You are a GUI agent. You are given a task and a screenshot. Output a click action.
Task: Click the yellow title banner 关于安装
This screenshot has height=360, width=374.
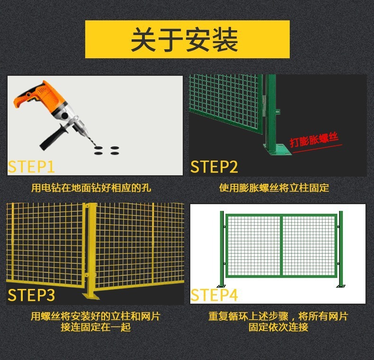pyautogui.click(x=187, y=39)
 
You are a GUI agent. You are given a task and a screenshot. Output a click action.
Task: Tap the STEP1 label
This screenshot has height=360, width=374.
pyautogui.click(x=31, y=166)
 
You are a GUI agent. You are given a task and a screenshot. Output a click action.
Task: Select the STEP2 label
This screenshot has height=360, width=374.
pyautogui.click(x=214, y=166)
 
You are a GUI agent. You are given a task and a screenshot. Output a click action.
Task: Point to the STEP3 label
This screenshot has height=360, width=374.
pyautogui.click(x=31, y=295)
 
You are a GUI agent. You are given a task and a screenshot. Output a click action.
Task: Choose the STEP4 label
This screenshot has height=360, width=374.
pyautogui.click(x=214, y=295)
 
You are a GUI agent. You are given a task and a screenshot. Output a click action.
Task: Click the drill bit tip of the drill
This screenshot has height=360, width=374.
pyautogui.click(x=96, y=146)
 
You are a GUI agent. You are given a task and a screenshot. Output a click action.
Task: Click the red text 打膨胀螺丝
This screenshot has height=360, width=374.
pyautogui.click(x=314, y=140)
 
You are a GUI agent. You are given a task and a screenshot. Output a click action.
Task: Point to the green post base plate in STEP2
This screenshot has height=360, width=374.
pyautogui.click(x=276, y=150)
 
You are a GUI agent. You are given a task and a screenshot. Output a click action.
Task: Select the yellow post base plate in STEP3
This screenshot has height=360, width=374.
pyautogui.click(x=91, y=296)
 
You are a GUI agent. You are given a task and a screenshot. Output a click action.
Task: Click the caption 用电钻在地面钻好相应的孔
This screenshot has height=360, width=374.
pyautogui.click(x=91, y=188)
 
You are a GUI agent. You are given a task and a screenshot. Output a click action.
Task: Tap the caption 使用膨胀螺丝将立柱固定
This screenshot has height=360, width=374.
pyautogui.click(x=274, y=188)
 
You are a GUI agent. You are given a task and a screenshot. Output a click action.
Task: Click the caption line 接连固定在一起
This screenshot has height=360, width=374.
pyautogui.click(x=96, y=327)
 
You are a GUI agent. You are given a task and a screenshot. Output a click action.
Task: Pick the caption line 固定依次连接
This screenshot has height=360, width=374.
pyautogui.click(x=278, y=327)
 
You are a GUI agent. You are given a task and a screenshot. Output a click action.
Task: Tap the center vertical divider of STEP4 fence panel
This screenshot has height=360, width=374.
pyautogui.click(x=282, y=246)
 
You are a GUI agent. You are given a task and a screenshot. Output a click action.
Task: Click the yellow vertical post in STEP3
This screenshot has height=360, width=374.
pyautogui.click(x=91, y=248)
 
